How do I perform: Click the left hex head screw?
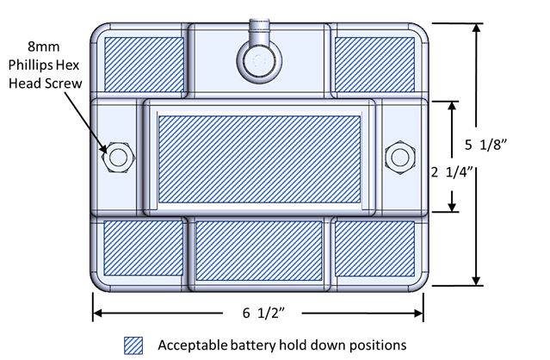pyautogui.click(x=118, y=157)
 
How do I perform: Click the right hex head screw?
pyautogui.click(x=399, y=156)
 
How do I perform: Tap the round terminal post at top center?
pyautogui.click(x=257, y=59)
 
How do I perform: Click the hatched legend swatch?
pyautogui.click(x=135, y=344)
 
